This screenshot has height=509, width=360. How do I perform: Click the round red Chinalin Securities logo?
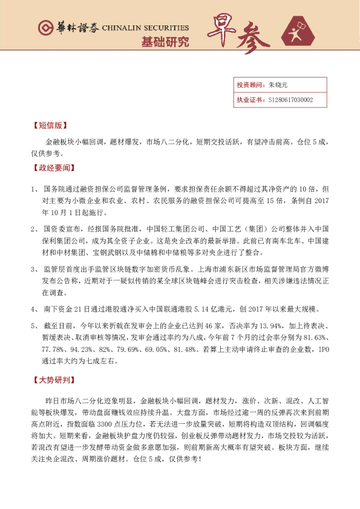pos(44,28)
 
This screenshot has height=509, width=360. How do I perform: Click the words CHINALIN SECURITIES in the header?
pos(145,28)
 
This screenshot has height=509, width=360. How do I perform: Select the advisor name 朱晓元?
pos(278,86)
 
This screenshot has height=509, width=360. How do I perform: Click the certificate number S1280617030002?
pos(290,100)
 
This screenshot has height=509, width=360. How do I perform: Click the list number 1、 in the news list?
pos(34,190)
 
